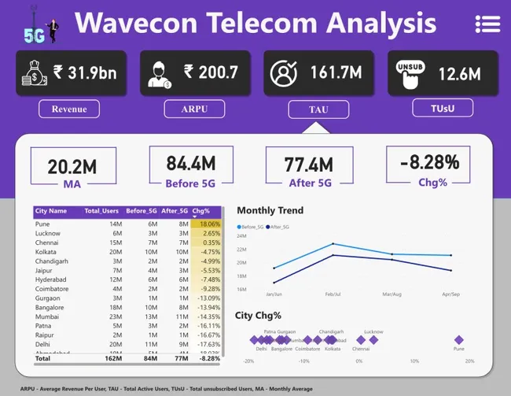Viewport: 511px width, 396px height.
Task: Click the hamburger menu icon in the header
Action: (487, 24)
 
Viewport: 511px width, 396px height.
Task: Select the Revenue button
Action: (69, 109)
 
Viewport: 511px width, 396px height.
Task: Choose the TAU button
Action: (314, 109)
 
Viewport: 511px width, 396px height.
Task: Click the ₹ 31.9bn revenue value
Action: (85, 73)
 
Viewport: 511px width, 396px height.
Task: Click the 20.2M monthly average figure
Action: (72, 166)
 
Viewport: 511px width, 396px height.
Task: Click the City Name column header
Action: (52, 211)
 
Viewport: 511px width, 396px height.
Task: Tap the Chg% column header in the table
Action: (201, 211)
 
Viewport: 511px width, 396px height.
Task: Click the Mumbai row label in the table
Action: (45, 315)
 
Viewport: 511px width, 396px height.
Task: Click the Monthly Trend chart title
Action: (270, 211)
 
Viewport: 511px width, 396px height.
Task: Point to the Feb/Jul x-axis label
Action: (333, 294)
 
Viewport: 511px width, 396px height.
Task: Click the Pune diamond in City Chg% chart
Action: (458, 340)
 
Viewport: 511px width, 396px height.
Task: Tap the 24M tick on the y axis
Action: (241, 235)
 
